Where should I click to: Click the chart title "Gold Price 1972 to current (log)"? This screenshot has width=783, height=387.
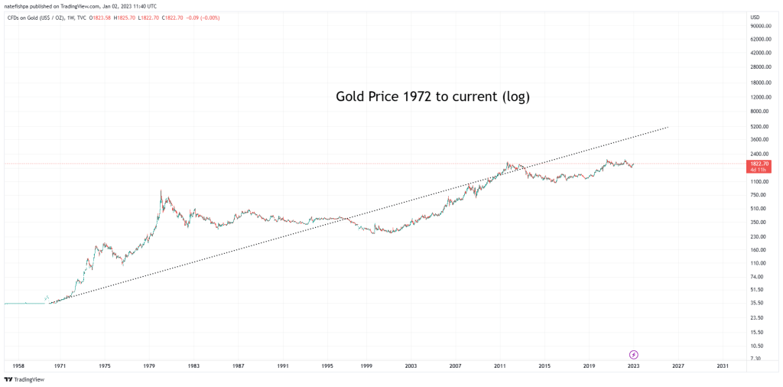pos(433,97)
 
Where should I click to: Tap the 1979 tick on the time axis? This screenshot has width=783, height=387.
pos(149,366)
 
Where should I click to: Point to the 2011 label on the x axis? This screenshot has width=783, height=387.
pos(500,366)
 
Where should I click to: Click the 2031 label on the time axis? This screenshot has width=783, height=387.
pos(723,366)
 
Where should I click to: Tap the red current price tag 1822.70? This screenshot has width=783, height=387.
pos(760,164)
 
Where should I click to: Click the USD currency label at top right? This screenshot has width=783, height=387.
pos(755,17)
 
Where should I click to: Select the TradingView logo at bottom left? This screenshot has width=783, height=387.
pos(24,379)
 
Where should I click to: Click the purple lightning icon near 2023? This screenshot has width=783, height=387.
pos(634,354)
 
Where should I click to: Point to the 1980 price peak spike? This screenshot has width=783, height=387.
pos(161,191)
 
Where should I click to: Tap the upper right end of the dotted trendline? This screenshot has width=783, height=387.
pos(668,127)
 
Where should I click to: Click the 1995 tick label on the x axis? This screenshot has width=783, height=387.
pos(327,366)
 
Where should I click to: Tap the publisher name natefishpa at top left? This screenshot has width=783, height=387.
pos(18,6)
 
